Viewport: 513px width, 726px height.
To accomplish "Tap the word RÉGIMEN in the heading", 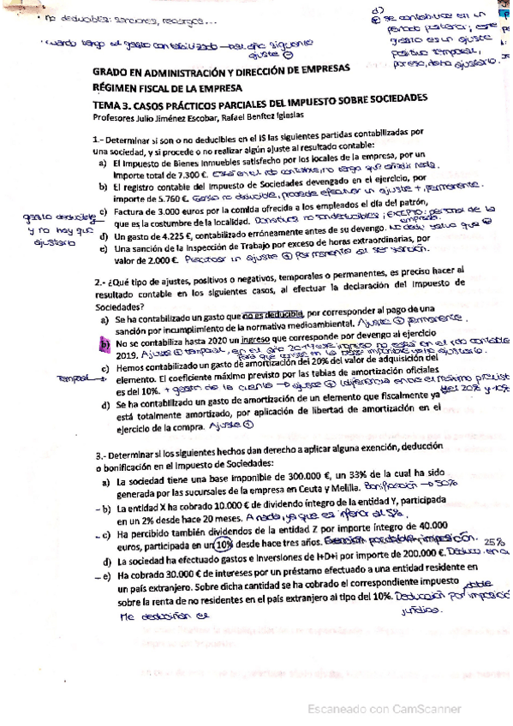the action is [x=115, y=87].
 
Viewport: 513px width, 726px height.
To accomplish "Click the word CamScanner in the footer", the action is [x=427, y=711].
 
